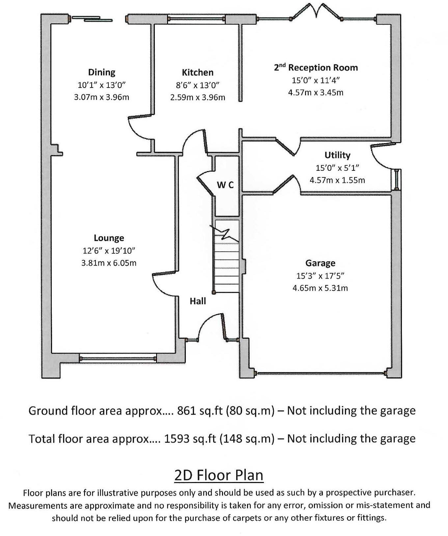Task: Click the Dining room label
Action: (102, 72)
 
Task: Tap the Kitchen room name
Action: (198, 72)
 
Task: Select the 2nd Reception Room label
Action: (316, 67)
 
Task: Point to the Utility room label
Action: (337, 155)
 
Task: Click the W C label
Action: (225, 185)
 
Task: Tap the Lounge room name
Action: (109, 238)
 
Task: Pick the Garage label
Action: (320, 263)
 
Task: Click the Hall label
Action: (198, 301)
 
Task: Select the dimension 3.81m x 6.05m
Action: (109, 263)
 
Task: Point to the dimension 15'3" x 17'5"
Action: (320, 276)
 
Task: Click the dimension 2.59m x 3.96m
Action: (198, 97)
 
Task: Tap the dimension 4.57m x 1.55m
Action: (337, 180)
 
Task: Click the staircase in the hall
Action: (226, 260)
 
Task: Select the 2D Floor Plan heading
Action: (219, 475)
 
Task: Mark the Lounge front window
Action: (117, 358)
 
